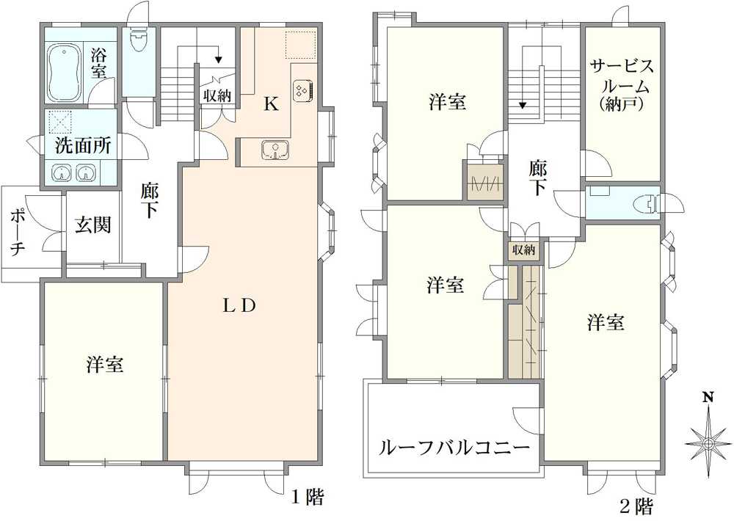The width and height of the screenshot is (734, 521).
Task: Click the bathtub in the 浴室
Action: (x=65, y=73)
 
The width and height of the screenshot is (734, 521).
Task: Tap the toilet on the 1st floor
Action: (x=138, y=40)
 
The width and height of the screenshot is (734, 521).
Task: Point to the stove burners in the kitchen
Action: (x=302, y=90)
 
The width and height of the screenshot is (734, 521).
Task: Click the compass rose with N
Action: (x=708, y=442)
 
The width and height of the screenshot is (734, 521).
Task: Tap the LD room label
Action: (x=239, y=306)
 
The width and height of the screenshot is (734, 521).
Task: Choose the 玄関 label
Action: (x=92, y=225)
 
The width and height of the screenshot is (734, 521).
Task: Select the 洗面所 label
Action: (x=83, y=145)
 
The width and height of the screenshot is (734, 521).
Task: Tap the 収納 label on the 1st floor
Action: (x=218, y=95)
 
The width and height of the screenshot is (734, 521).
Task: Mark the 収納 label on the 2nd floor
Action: (x=524, y=250)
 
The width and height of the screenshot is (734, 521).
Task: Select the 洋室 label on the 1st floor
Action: (x=104, y=364)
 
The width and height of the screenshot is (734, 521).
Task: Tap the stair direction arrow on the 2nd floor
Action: (x=523, y=105)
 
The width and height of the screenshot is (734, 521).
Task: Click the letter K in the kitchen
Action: (x=271, y=104)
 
